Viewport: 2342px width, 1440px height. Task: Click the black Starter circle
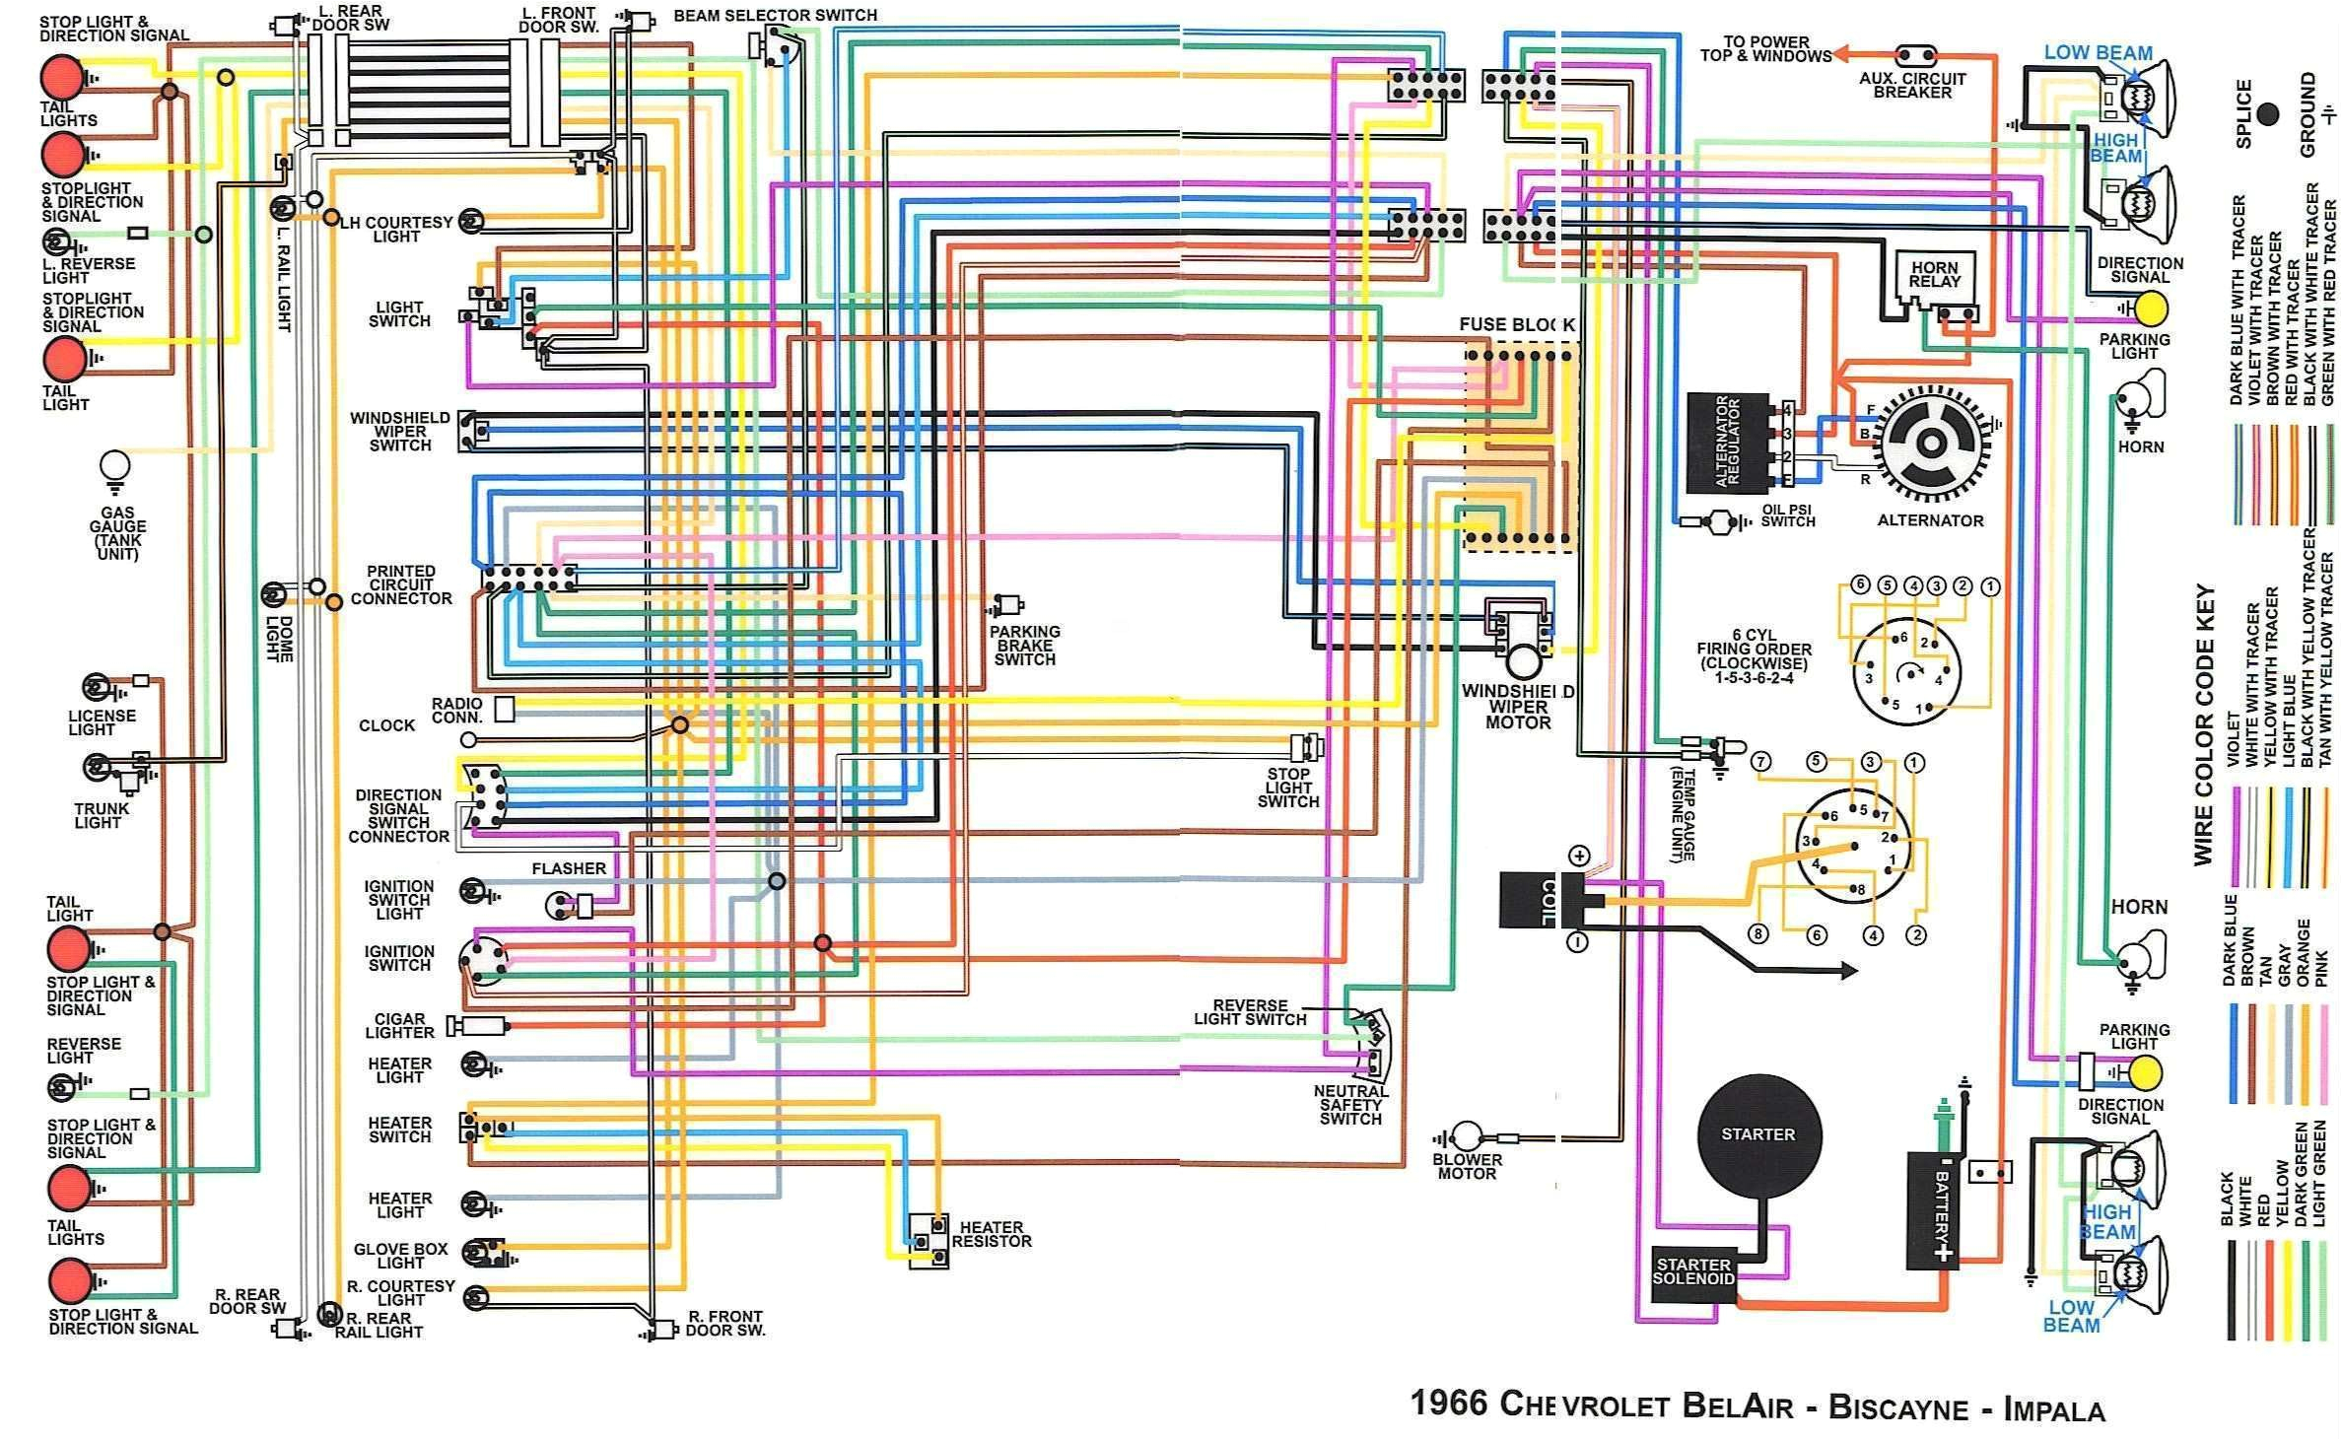click(1759, 1134)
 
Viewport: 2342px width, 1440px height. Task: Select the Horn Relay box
click(1935, 277)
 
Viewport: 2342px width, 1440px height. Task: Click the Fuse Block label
click(1516, 324)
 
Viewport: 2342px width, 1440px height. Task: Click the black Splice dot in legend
click(2268, 113)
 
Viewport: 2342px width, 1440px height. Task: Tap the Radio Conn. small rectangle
click(504, 709)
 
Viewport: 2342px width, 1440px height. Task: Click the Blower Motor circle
click(1467, 1136)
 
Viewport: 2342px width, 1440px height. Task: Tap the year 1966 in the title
click(1448, 1405)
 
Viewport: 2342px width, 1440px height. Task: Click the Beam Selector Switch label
click(775, 16)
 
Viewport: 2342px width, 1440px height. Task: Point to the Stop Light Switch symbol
click(1310, 745)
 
